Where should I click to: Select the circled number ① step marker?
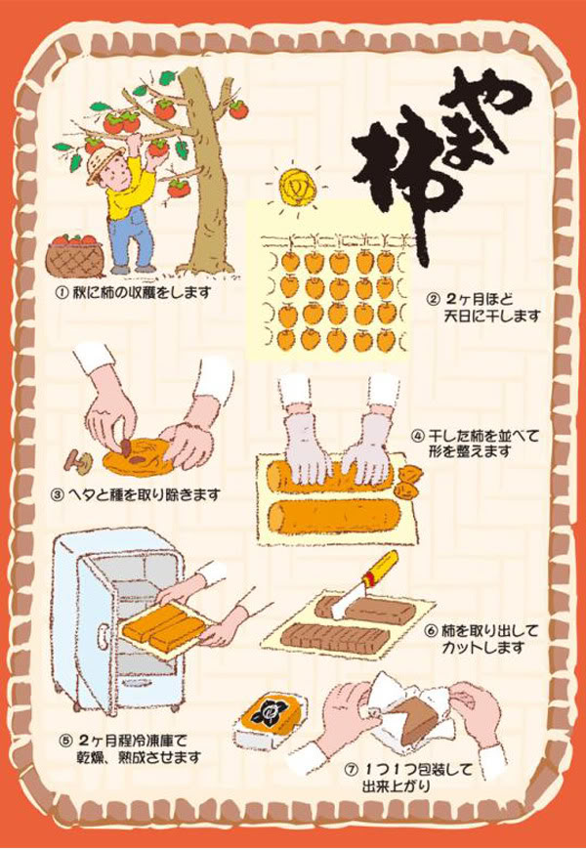tap(63, 293)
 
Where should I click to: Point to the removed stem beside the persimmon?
tap(75, 460)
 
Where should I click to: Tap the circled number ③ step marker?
tap(57, 495)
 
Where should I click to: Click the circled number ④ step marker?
tap(417, 436)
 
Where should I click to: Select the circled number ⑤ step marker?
tap(64, 741)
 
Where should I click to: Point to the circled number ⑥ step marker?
tap(432, 631)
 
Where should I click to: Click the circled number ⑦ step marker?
tap(352, 770)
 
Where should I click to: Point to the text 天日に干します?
tap(491, 315)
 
